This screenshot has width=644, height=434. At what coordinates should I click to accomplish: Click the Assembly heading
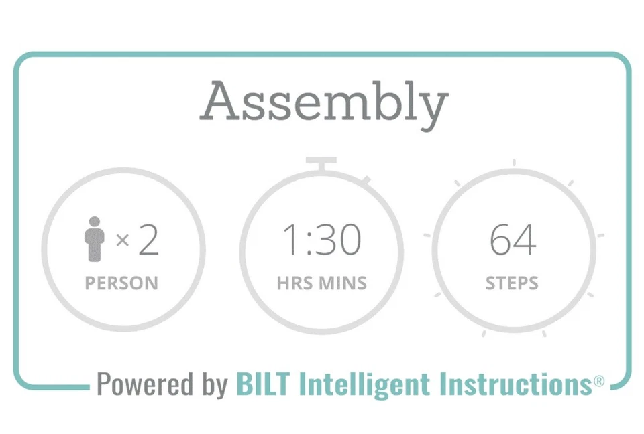point(324,102)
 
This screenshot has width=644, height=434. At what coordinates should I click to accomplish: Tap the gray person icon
point(94,239)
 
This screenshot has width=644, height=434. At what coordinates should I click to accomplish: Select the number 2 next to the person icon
point(149,240)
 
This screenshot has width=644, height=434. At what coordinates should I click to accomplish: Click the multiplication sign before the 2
point(122,240)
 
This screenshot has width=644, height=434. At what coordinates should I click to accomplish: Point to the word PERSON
point(121,283)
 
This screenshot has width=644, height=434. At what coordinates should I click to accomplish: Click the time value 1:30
point(321,240)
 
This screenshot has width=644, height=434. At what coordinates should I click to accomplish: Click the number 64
point(513,240)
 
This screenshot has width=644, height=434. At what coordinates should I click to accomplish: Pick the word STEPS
point(512,283)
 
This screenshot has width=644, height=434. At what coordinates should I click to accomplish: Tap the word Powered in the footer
point(145,384)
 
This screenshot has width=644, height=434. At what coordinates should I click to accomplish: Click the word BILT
point(263,384)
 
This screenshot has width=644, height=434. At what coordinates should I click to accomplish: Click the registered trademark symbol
point(599,382)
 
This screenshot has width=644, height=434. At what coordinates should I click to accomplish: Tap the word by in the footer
point(215,386)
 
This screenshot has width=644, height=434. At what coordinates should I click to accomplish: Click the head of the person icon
point(95,222)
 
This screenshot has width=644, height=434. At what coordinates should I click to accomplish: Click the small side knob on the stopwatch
point(366,180)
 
